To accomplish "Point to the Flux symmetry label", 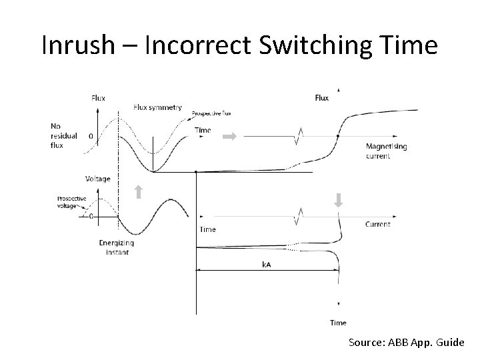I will (157, 107).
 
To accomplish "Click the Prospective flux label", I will (211, 113).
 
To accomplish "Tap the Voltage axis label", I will (98, 179).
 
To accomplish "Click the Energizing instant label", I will (117, 247).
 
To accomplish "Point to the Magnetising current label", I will (387, 151).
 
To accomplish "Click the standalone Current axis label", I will (378, 225).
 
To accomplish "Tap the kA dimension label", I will (266, 265).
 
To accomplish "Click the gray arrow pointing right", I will (229, 137).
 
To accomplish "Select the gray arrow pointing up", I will (138, 193).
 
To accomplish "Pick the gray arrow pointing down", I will (338, 200).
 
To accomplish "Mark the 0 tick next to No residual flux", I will (91, 137).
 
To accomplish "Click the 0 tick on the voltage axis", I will (91, 217).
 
